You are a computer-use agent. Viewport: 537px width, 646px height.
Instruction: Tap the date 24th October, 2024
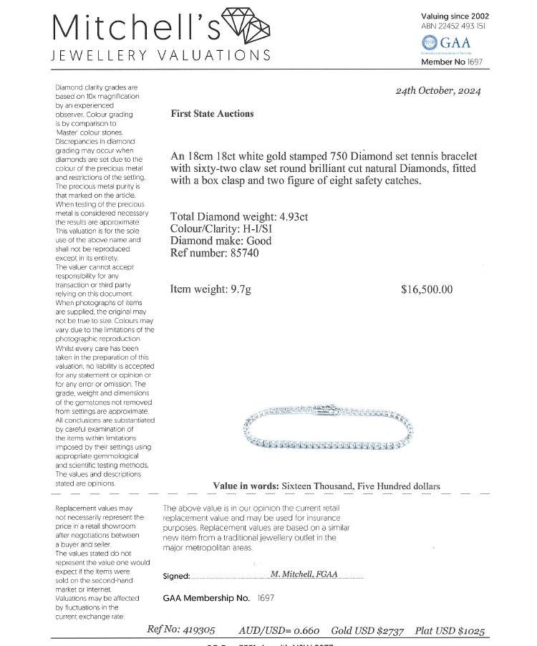pyautogui.click(x=438, y=91)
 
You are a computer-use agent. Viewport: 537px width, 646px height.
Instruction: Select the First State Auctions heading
pyautogui.click(x=212, y=113)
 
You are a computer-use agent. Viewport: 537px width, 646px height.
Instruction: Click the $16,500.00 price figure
pyautogui.click(x=427, y=289)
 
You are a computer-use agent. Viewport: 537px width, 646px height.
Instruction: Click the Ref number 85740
pyautogui.click(x=215, y=253)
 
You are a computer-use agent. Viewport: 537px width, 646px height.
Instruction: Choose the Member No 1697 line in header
pyautogui.click(x=453, y=62)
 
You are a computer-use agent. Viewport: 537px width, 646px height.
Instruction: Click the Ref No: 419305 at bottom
pyautogui.click(x=180, y=631)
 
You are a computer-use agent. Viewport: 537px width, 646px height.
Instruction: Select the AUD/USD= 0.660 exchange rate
pyautogui.click(x=279, y=631)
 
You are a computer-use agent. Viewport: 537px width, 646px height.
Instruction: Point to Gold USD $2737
pyautogui.click(x=367, y=631)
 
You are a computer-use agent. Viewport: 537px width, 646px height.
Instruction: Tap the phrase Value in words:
pyautogui.click(x=246, y=486)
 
